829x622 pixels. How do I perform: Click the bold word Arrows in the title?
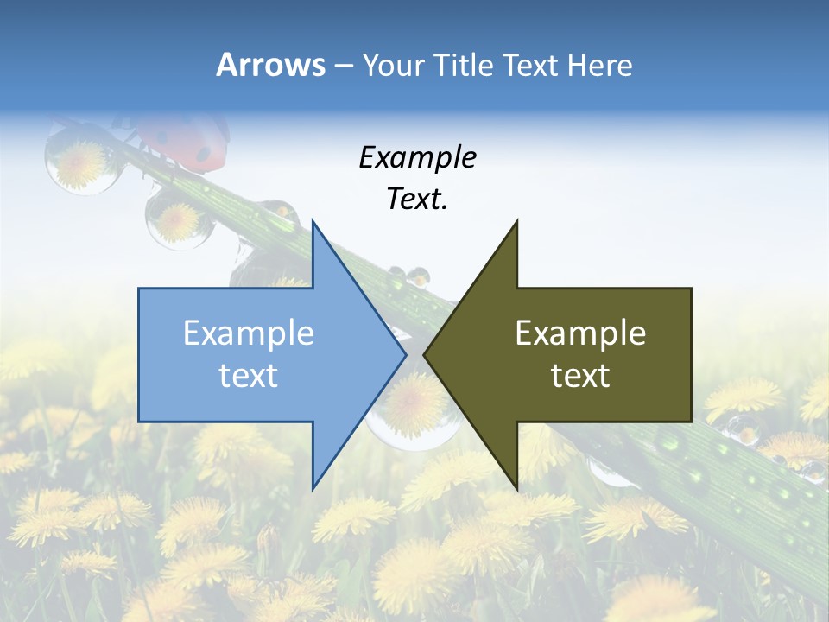tap(270, 66)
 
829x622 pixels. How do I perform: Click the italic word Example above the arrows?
tap(417, 158)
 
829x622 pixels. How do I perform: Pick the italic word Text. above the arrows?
tap(417, 200)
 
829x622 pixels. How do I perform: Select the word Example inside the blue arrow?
tap(249, 333)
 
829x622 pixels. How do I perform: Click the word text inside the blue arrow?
tap(249, 376)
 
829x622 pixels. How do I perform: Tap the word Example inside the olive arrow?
tap(580, 333)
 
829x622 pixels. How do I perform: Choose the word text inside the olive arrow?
tap(580, 376)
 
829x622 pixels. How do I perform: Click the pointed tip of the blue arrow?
tap(405, 354)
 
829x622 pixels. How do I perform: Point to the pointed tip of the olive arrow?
tap(425, 354)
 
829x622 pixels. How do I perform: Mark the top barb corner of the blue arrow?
tap(313, 221)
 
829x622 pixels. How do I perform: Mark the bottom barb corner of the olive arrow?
tap(516, 487)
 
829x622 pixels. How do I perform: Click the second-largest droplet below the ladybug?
tap(179, 220)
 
